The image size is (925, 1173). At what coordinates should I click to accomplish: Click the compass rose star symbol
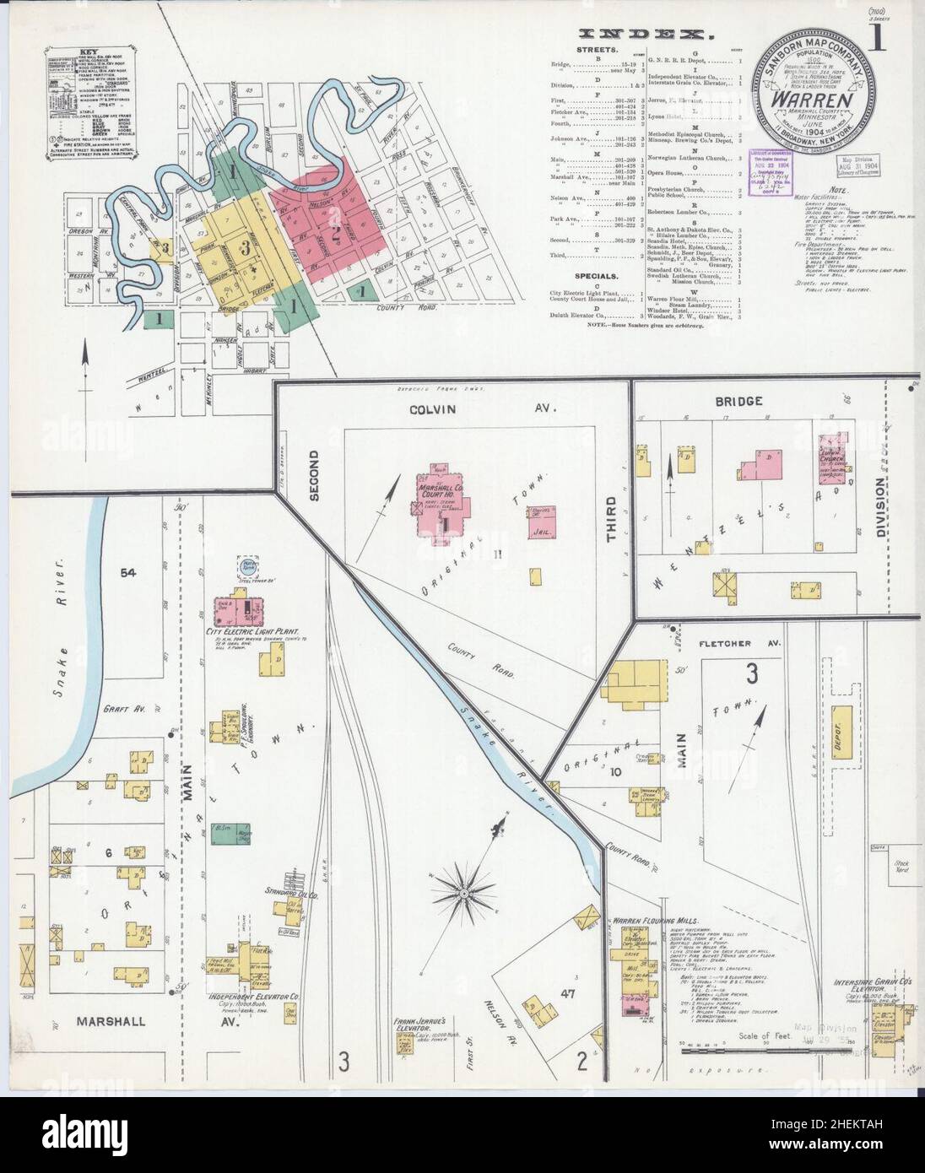click(463, 892)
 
